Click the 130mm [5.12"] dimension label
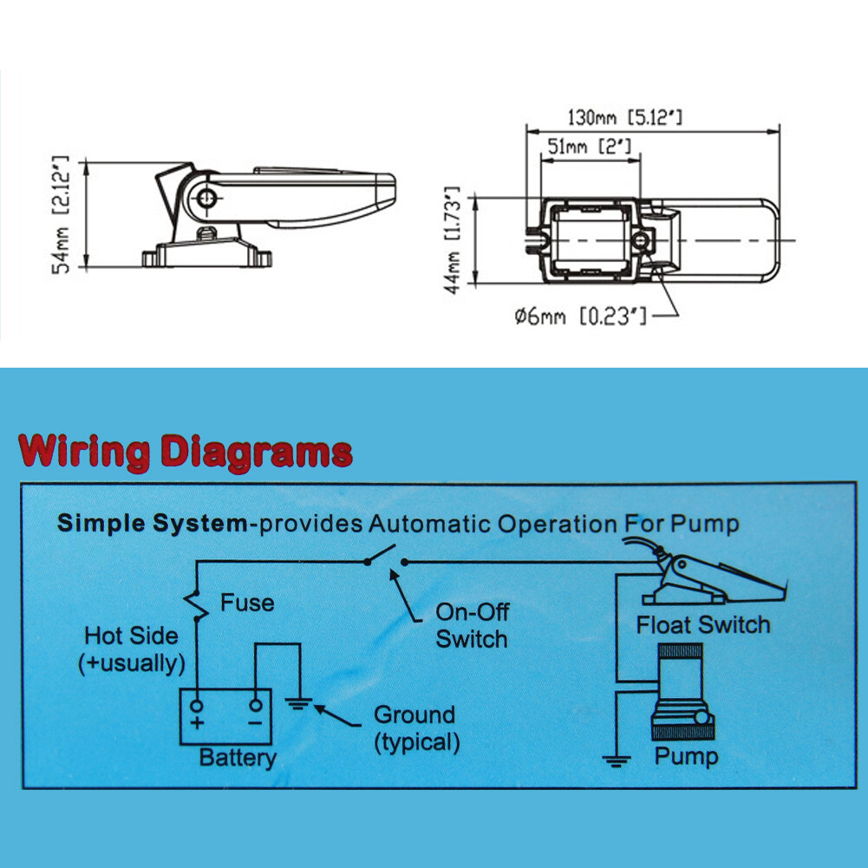(x=625, y=117)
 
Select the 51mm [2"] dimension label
(x=589, y=147)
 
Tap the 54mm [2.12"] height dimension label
(x=61, y=214)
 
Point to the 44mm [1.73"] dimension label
(x=453, y=239)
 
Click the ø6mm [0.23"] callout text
(x=580, y=317)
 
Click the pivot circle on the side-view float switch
(x=206, y=198)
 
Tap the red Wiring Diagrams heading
(x=186, y=453)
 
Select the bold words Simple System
(x=153, y=523)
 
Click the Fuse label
(x=247, y=603)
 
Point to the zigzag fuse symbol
(x=196, y=604)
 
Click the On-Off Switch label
(x=472, y=625)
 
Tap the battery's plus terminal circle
(x=197, y=706)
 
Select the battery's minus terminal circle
(x=255, y=705)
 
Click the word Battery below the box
(x=238, y=757)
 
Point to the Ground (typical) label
(x=416, y=728)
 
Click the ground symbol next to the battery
(x=299, y=704)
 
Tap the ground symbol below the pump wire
(x=617, y=761)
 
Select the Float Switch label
(x=703, y=625)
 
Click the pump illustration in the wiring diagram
(x=683, y=692)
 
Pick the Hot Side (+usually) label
(x=132, y=649)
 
